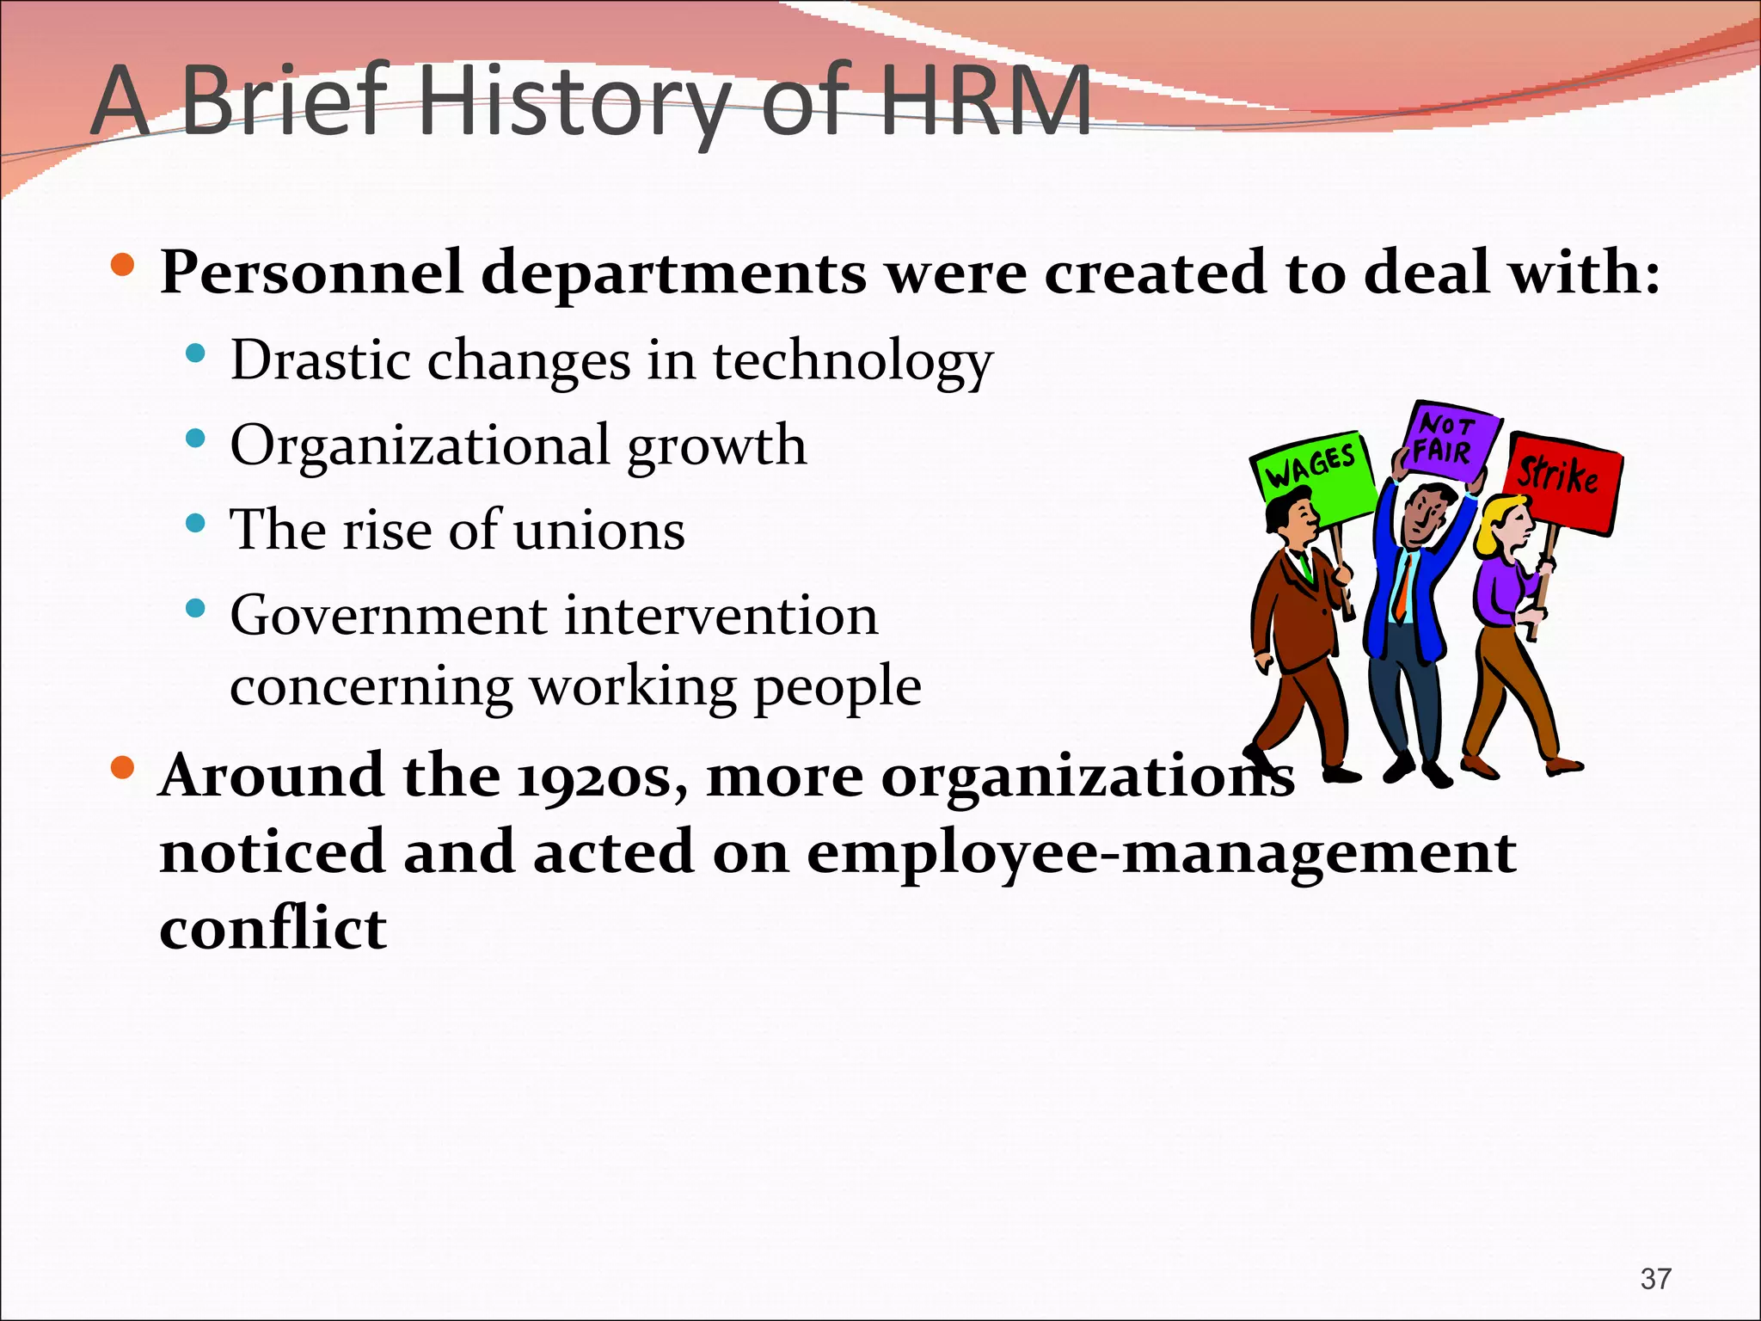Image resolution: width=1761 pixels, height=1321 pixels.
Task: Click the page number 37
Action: (x=1655, y=1279)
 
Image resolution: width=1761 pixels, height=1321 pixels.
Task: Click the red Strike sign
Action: (x=1561, y=480)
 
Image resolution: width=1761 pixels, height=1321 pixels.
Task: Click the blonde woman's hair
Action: (x=1494, y=525)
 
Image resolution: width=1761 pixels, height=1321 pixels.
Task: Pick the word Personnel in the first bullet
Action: (x=311, y=273)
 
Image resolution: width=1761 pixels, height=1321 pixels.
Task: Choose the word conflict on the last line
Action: (x=273, y=929)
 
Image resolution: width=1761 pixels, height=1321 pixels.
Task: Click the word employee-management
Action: (x=1161, y=853)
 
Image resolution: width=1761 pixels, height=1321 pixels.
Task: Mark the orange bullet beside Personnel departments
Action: (x=123, y=264)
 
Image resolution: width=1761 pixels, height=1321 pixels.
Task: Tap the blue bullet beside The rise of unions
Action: (x=196, y=523)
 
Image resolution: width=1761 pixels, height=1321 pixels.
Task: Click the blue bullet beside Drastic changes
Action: (x=196, y=353)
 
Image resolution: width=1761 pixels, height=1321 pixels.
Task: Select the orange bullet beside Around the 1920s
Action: (x=123, y=767)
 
